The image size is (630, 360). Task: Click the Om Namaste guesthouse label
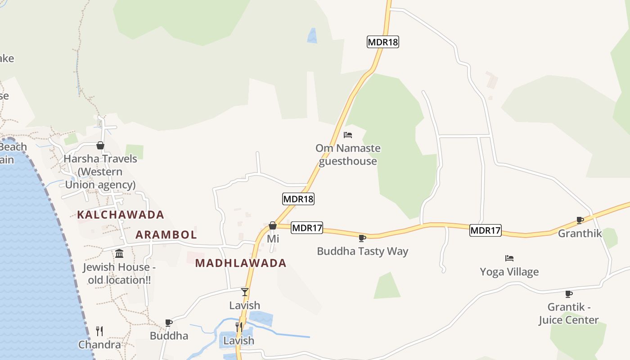(x=347, y=154)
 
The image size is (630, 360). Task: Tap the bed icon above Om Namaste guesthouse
(x=347, y=135)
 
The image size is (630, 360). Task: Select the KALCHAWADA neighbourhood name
(x=121, y=215)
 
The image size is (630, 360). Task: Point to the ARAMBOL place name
(x=166, y=234)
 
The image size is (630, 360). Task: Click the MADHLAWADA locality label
(x=241, y=263)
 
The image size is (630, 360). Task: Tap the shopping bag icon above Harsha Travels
(x=100, y=145)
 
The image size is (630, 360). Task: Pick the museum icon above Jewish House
(x=119, y=254)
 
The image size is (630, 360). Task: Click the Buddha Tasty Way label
(x=362, y=251)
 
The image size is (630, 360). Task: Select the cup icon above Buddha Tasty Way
(x=362, y=238)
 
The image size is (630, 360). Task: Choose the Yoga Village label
(x=509, y=272)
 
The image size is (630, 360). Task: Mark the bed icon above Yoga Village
(x=509, y=258)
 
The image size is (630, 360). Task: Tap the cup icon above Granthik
(x=580, y=220)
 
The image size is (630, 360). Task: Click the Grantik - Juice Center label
(x=569, y=314)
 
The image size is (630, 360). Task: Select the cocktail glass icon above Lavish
(x=245, y=292)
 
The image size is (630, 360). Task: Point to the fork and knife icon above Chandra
(x=99, y=331)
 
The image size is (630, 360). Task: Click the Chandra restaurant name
(x=99, y=345)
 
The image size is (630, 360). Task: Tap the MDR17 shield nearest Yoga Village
(x=485, y=230)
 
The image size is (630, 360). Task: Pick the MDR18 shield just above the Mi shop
(x=298, y=198)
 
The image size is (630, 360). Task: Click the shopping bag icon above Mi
(x=273, y=225)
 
